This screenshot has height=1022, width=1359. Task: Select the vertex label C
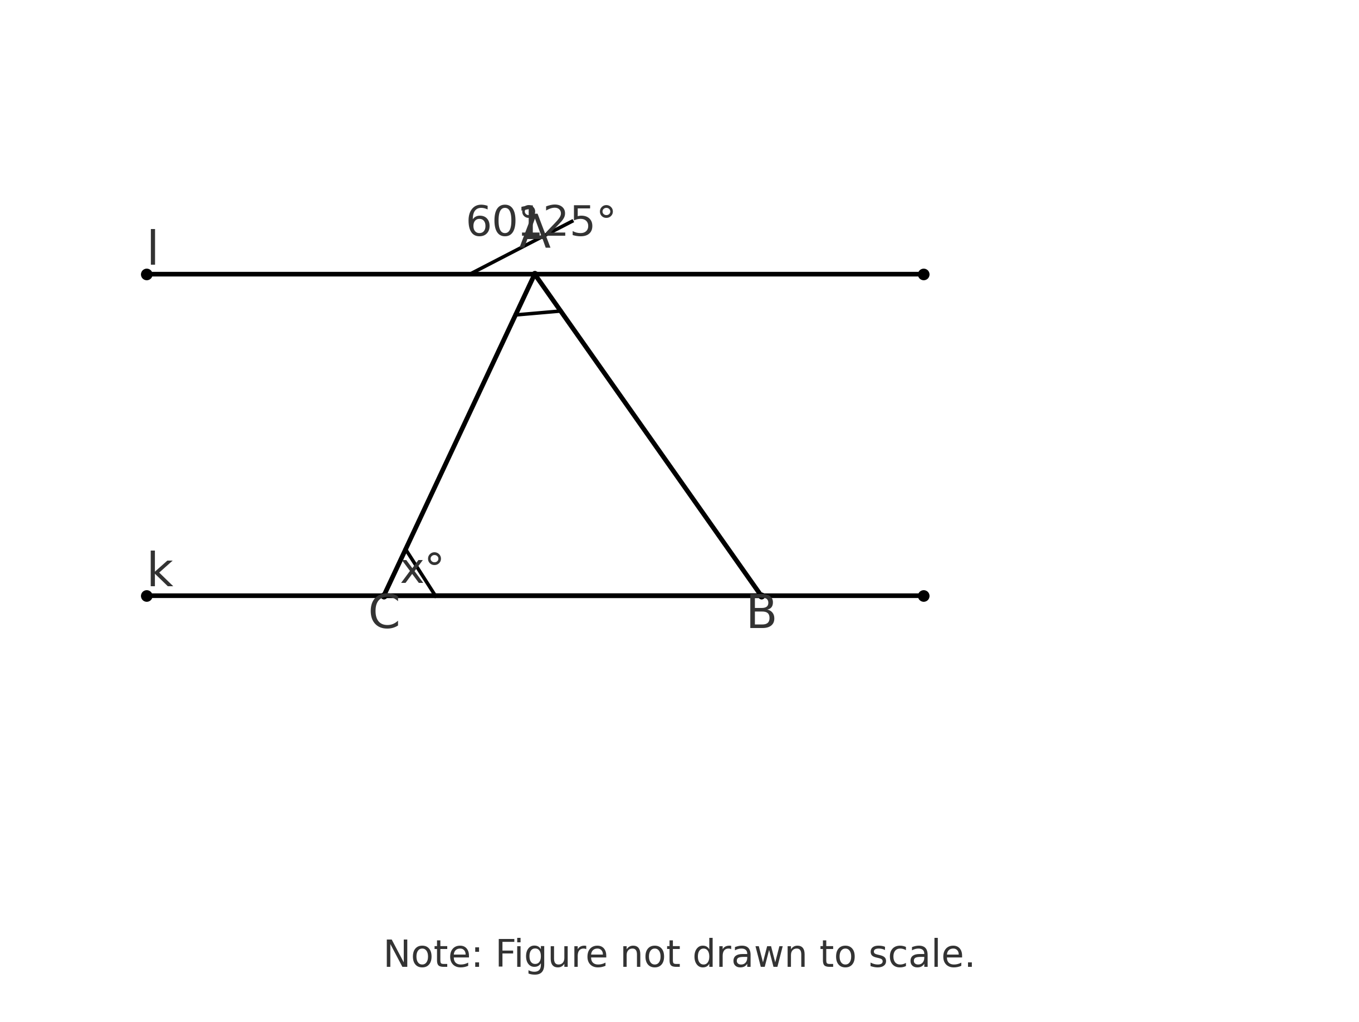[384, 614]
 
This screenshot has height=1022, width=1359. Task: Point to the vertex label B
[761, 614]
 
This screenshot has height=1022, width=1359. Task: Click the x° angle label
[422, 569]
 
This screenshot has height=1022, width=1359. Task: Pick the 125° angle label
[574, 222]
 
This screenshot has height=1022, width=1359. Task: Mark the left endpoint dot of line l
[147, 274]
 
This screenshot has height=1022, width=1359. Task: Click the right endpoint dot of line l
[923, 274]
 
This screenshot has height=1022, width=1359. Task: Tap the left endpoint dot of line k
[147, 596]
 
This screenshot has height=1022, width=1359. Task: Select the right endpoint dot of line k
[923, 596]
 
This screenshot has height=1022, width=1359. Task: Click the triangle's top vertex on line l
[535, 274]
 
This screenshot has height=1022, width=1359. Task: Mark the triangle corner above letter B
[761, 594]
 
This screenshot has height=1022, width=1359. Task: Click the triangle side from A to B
[648, 435]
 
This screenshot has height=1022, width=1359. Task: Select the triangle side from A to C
[459, 435]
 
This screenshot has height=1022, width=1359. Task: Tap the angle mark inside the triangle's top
[538, 313]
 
